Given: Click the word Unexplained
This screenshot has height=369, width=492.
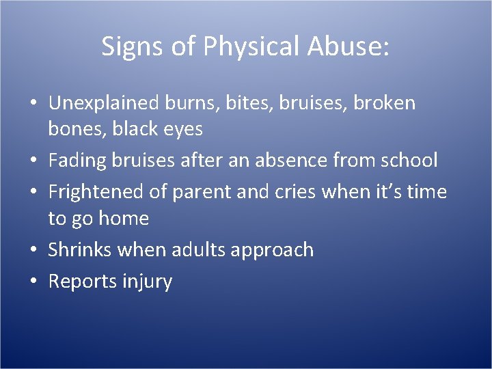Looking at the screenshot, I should click(105, 103).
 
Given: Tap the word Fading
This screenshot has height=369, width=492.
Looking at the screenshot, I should click(77, 161).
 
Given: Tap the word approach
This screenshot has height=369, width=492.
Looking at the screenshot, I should click(272, 251).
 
